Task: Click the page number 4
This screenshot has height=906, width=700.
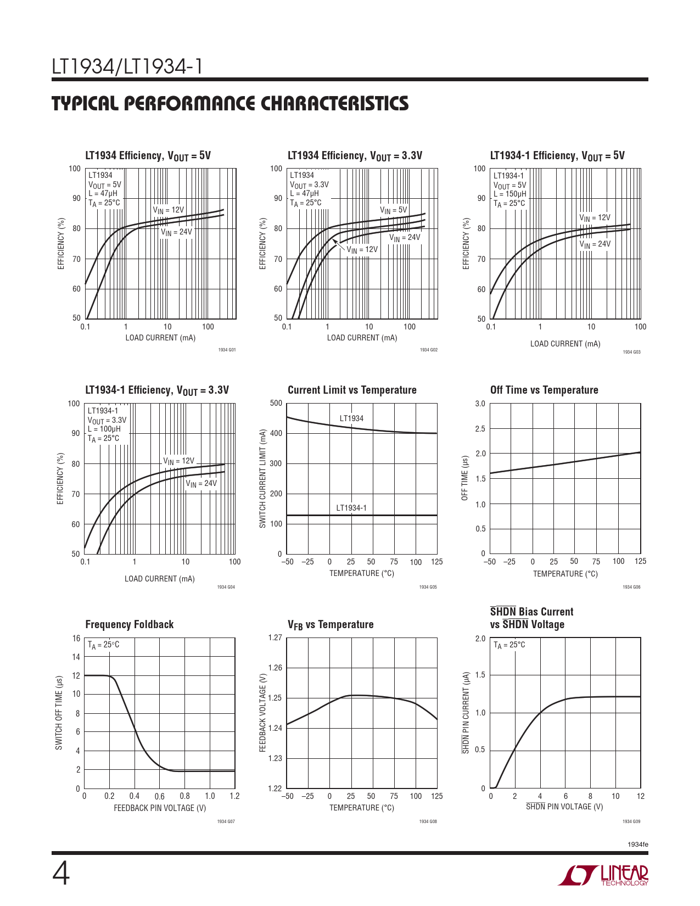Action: pyautogui.click(x=61, y=874)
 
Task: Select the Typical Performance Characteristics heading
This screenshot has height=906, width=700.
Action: pyautogui.click(x=230, y=104)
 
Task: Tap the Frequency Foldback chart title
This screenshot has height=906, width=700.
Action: pyautogui.click(x=129, y=624)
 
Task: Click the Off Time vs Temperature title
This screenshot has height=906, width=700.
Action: pyautogui.click(x=544, y=390)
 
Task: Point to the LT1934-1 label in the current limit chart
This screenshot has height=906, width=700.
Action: pyautogui.click(x=351, y=508)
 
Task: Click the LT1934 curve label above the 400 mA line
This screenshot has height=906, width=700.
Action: pyautogui.click(x=351, y=418)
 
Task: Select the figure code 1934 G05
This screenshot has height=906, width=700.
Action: pyautogui.click(x=428, y=587)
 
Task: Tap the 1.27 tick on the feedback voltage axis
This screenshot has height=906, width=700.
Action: pyautogui.click(x=275, y=637)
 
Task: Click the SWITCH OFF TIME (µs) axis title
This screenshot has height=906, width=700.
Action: pyautogui.click(x=59, y=713)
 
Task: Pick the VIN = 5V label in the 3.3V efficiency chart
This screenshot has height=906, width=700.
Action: pyautogui.click(x=394, y=210)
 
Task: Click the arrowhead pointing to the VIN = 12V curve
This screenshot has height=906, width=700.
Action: pyautogui.click(x=335, y=241)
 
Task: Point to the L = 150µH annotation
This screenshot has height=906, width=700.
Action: pyautogui.click(x=509, y=194)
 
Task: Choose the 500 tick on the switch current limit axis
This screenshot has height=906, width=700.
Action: pyautogui.click(x=276, y=403)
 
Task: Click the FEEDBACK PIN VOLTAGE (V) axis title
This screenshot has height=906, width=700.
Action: pyautogui.click(x=160, y=808)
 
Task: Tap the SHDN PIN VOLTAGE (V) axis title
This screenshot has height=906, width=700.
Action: pyautogui.click(x=564, y=807)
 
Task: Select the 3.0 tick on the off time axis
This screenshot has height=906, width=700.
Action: pyautogui.click(x=480, y=404)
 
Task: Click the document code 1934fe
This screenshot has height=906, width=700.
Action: pyautogui.click(x=637, y=844)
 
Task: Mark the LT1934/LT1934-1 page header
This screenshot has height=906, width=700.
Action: pyautogui.click(x=127, y=67)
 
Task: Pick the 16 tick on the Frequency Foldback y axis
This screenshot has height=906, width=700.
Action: pyautogui.click(x=76, y=638)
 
